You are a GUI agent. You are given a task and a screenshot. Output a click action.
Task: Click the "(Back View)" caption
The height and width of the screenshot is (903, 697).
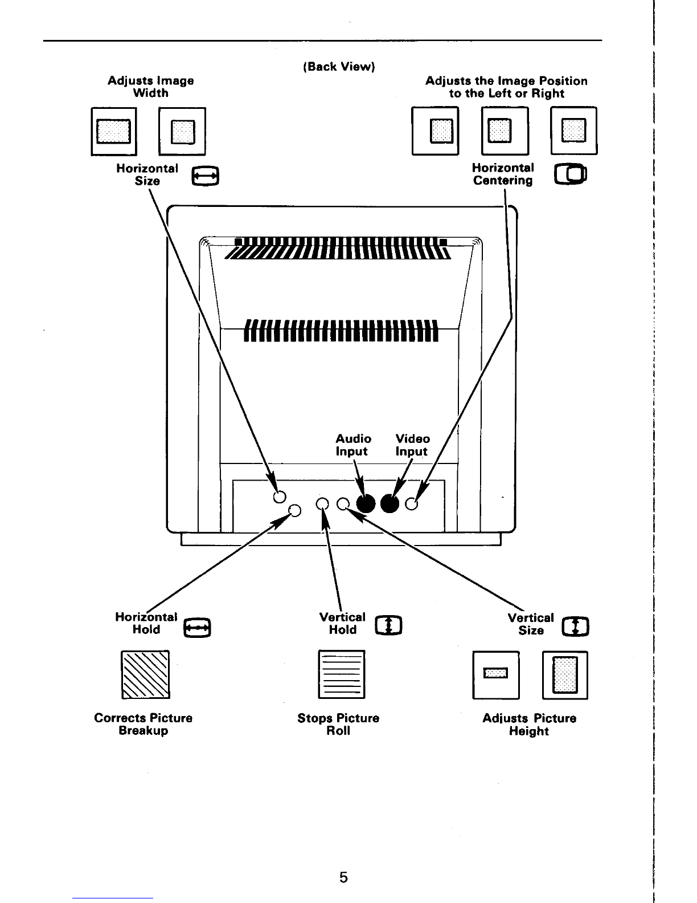pyautogui.click(x=339, y=67)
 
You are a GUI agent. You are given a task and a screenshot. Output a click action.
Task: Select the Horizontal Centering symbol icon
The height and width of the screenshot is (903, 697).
pyautogui.click(x=570, y=174)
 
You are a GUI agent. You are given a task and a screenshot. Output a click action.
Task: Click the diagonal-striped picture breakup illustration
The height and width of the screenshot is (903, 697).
pyautogui.click(x=145, y=674)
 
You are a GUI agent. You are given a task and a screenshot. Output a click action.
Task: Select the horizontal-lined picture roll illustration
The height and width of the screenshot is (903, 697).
pyautogui.click(x=341, y=674)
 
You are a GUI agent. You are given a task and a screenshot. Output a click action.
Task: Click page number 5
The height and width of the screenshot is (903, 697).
pyautogui.click(x=343, y=877)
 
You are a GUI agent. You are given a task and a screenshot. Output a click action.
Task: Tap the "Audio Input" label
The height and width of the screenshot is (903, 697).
pyautogui.click(x=353, y=445)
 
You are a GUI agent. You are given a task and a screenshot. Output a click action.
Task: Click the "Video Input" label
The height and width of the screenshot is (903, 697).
pyautogui.click(x=412, y=445)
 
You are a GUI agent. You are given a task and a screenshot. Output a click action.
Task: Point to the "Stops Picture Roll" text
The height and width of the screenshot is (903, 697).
pyautogui.click(x=338, y=725)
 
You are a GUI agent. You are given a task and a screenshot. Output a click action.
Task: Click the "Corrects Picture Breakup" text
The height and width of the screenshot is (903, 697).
pyautogui.click(x=143, y=725)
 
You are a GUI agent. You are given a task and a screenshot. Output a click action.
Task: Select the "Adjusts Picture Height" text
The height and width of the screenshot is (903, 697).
pyautogui.click(x=529, y=725)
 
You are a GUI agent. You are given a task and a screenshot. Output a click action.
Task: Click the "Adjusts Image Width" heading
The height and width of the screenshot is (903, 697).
pyautogui.click(x=151, y=87)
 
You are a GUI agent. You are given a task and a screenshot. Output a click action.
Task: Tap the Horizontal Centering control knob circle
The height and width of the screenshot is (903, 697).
pyautogui.click(x=412, y=504)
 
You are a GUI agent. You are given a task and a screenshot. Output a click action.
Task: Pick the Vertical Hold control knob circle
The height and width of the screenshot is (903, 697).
pyautogui.click(x=322, y=503)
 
